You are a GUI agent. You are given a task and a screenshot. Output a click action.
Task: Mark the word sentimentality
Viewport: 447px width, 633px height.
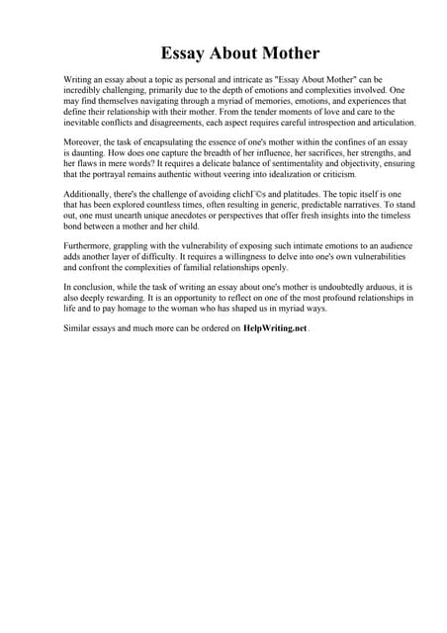pos(278,166)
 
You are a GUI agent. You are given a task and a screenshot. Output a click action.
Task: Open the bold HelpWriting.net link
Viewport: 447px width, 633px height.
pos(274,327)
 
